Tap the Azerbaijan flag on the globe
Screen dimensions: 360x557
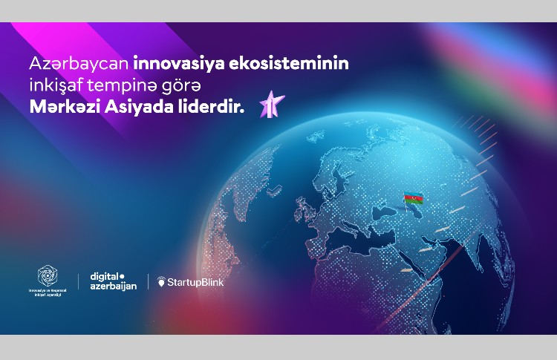pyautogui.click(x=412, y=199)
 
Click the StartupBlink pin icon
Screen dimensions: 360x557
pyautogui.click(x=160, y=282)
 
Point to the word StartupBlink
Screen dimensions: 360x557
pyautogui.click(x=195, y=282)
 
